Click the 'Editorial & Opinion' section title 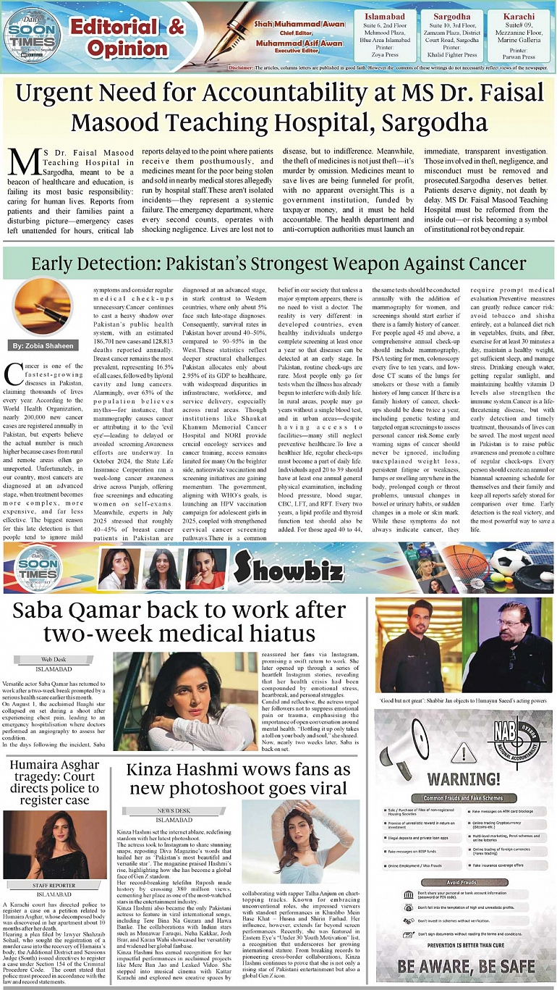(x=126, y=38)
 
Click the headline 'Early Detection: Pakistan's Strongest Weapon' (x=278, y=262)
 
